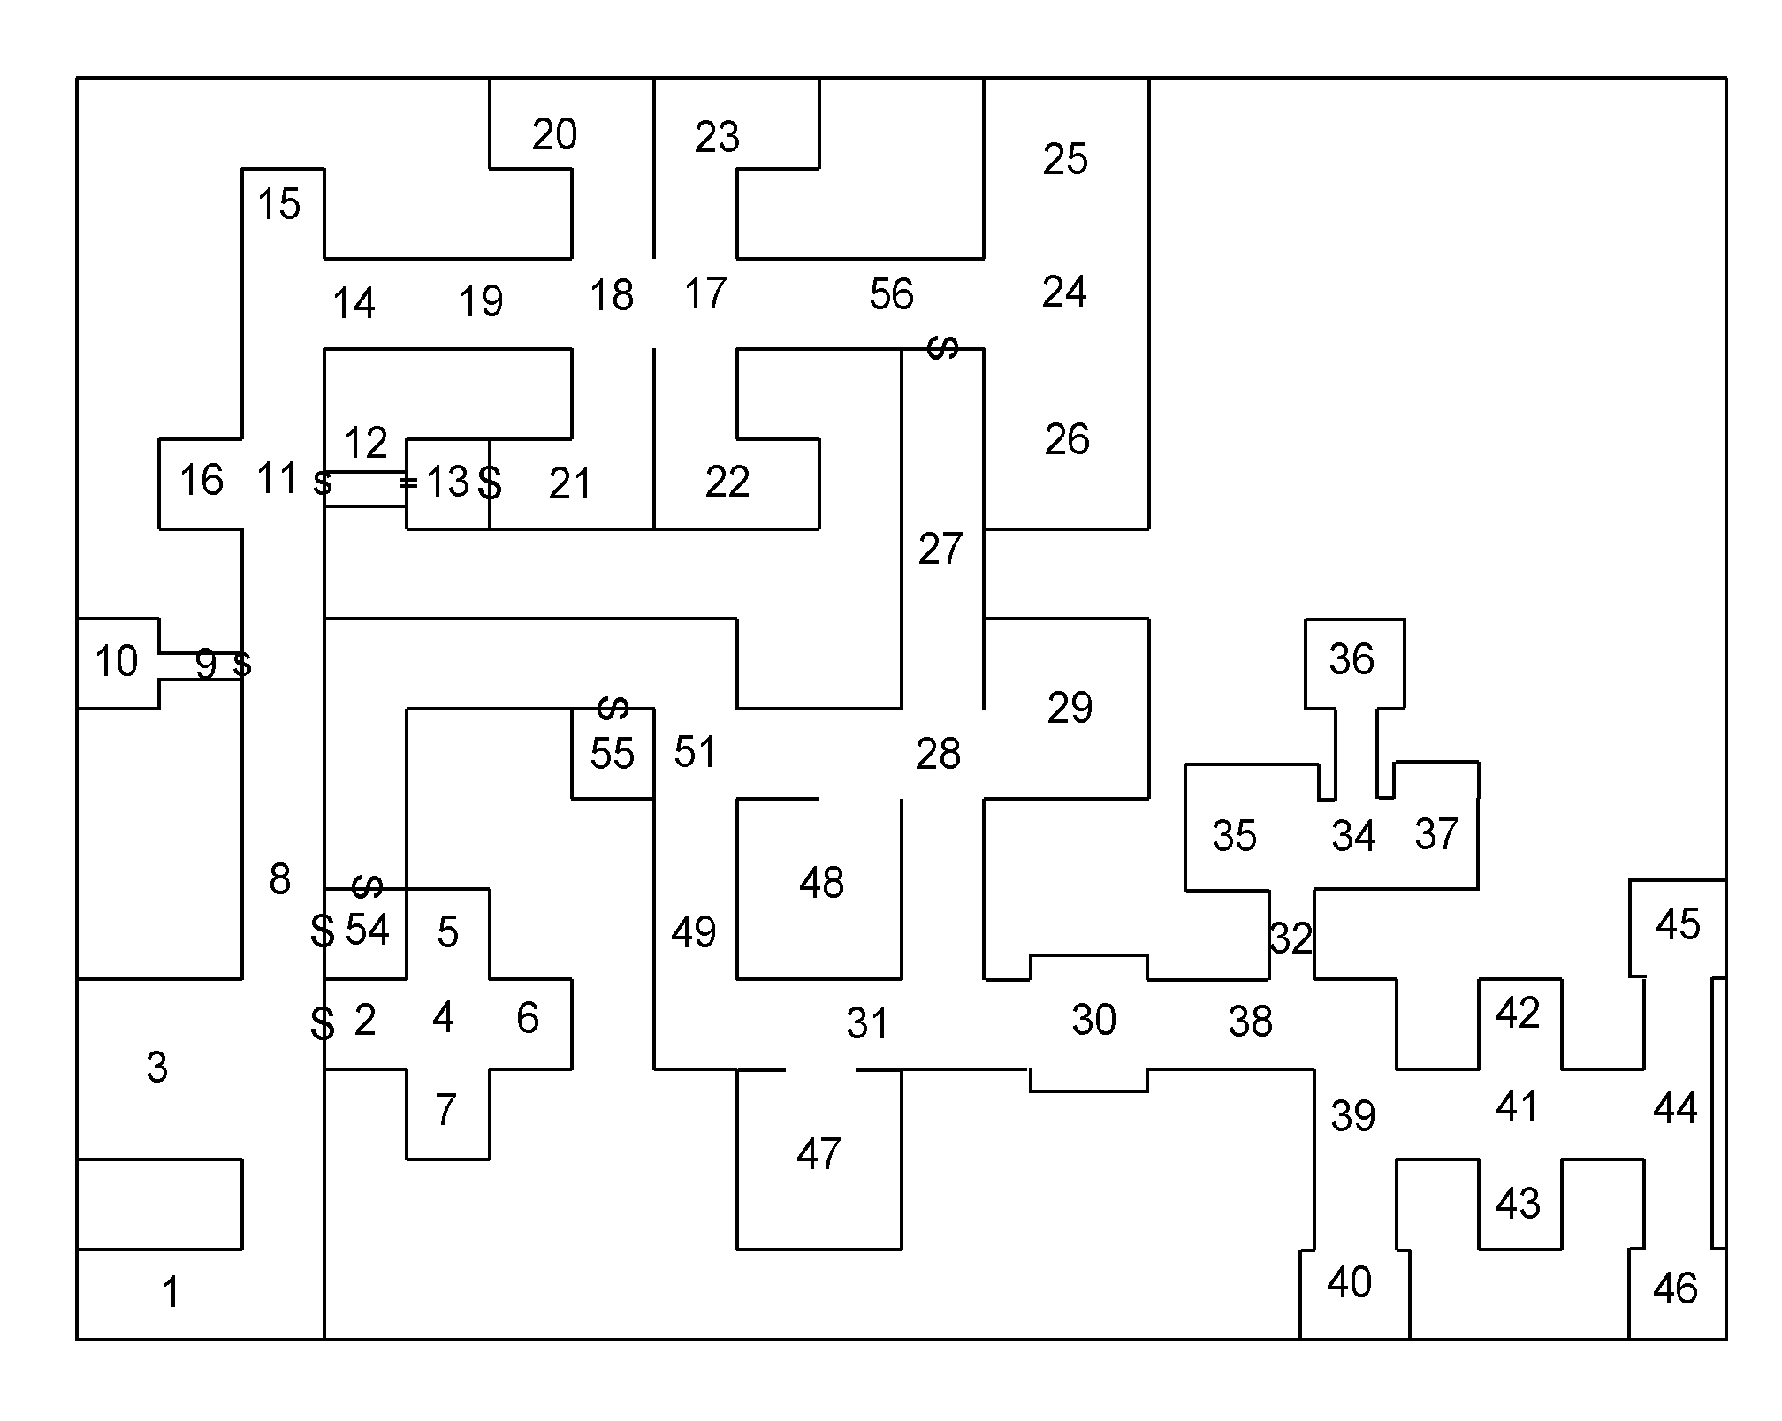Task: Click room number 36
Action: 1352,659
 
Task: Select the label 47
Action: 818,1154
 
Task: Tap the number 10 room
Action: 116,661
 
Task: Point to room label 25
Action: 1064,160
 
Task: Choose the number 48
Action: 821,883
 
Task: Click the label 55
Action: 612,754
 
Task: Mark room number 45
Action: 1677,925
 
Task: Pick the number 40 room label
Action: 1349,1282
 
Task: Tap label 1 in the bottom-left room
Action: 171,1293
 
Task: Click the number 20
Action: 554,134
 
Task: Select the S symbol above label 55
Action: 613,707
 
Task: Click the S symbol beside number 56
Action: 942,348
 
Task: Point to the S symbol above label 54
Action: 367,885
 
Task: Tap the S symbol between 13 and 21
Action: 490,483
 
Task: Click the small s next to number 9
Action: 241,664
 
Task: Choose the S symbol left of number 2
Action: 323,1023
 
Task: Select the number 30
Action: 1093,1020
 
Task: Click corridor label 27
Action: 940,550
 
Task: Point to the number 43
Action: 1518,1204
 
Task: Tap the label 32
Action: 1291,938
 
